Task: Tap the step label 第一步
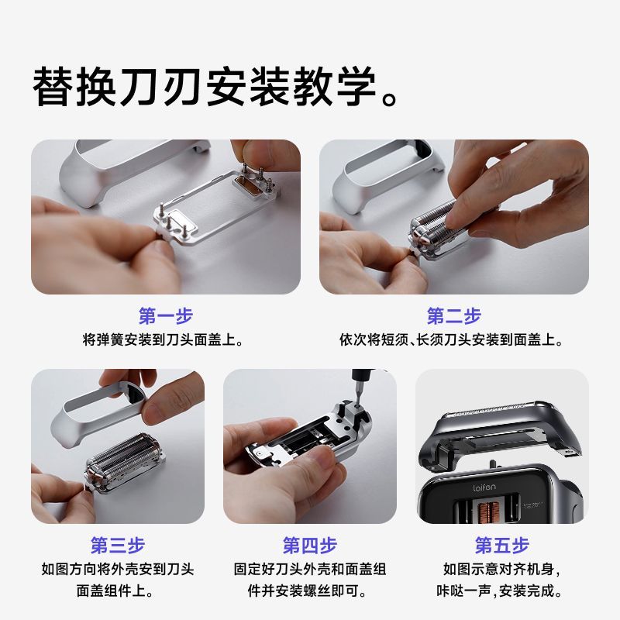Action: tap(166, 316)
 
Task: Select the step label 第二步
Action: tap(454, 316)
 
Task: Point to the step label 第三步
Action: tap(118, 546)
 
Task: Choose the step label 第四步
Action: tap(310, 546)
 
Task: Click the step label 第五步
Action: tap(502, 546)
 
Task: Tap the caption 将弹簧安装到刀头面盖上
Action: tap(163, 339)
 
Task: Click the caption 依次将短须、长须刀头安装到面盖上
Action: tap(451, 339)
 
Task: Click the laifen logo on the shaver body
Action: tap(484, 487)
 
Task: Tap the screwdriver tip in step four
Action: tap(358, 404)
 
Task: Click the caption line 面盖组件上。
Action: tap(115, 591)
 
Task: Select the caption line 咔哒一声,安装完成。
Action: tap(500, 591)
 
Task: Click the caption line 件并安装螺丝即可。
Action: tap(307, 591)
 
